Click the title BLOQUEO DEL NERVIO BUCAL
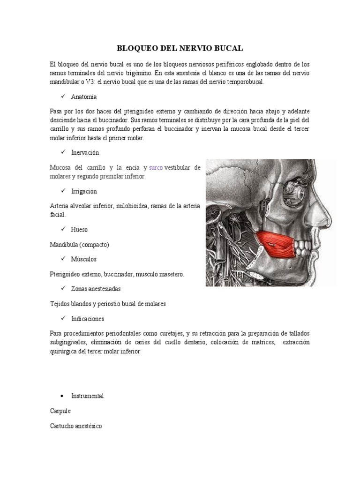(180, 48)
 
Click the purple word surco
(156, 167)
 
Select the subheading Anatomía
(84, 97)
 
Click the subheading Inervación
(85, 153)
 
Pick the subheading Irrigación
(84, 191)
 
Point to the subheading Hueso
(79, 230)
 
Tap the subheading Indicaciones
(88, 319)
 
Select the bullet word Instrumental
(88, 396)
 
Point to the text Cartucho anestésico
(75, 426)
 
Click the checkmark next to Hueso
(63, 230)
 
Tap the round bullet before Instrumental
(63, 396)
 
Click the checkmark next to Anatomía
(63, 97)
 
